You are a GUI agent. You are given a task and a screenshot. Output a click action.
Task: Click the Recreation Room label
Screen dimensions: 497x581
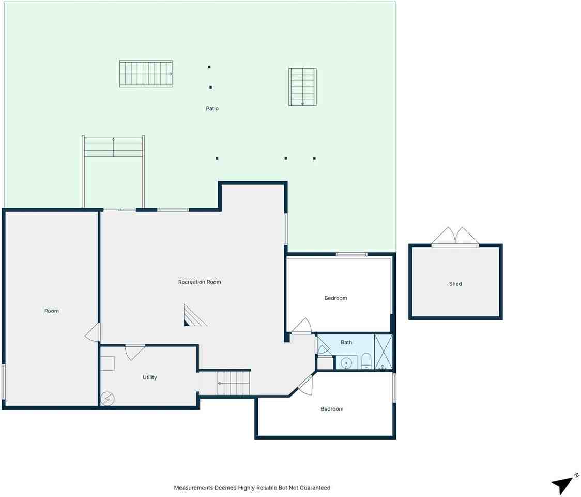200,282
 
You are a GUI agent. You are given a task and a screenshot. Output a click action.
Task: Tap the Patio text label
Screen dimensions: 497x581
212,109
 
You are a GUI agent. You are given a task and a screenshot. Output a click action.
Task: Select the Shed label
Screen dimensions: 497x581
455,284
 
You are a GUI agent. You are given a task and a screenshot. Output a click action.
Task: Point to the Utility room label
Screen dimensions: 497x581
149,378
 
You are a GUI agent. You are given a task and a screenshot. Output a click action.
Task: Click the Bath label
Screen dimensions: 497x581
346,342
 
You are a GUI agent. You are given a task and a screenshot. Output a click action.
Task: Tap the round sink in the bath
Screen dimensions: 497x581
346,363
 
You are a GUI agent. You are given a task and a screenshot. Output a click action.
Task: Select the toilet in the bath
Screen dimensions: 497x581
366,361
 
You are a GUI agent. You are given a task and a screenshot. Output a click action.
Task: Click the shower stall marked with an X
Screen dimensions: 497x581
383,352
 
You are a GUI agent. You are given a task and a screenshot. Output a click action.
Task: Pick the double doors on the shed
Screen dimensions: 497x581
455,237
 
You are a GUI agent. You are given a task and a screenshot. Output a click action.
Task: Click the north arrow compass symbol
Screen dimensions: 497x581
563,484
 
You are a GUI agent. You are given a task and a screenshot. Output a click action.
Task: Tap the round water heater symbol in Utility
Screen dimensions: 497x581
108,399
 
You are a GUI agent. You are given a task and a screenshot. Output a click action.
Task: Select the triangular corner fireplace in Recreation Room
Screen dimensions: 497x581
193,316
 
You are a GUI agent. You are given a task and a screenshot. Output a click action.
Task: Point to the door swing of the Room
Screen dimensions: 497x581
93,332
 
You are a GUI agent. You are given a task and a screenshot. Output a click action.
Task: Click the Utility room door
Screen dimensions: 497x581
134,352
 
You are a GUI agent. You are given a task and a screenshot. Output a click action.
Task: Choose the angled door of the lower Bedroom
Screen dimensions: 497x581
305,384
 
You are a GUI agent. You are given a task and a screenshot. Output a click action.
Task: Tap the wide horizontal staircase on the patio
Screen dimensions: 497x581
146,74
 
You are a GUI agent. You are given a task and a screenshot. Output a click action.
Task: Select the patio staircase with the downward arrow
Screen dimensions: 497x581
302,86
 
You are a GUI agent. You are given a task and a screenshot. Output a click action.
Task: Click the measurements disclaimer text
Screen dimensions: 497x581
252,488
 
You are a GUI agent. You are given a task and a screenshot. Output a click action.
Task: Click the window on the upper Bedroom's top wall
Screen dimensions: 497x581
351,254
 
